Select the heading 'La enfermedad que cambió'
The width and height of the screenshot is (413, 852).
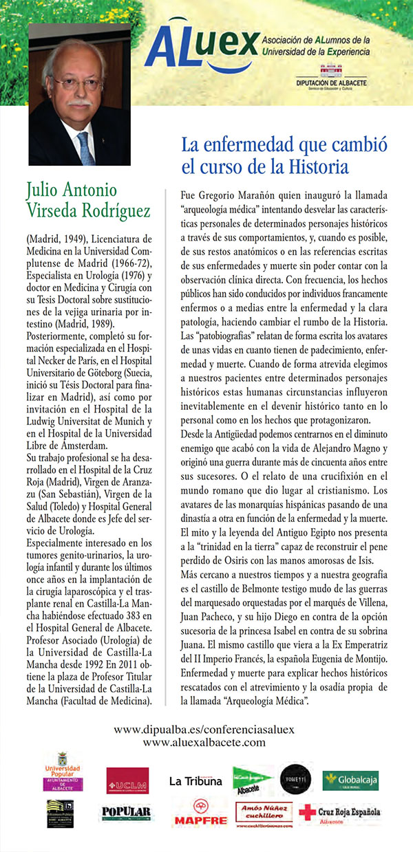point(284,146)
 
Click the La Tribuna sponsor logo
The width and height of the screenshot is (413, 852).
point(196,780)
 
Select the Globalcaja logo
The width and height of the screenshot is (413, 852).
point(351,780)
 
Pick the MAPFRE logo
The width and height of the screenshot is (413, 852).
point(201,813)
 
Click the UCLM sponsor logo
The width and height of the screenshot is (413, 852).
point(127,781)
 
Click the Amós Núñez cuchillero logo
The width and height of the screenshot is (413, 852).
point(264,813)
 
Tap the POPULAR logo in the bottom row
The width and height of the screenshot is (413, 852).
point(126,813)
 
